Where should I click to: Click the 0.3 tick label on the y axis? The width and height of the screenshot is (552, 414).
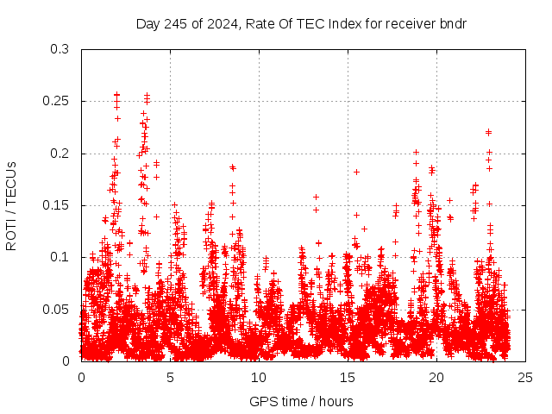[60, 50]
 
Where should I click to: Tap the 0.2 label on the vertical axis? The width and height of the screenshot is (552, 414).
[60, 154]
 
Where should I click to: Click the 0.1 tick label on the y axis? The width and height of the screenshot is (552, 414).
[60, 257]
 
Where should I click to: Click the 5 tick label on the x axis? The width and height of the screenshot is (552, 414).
[171, 378]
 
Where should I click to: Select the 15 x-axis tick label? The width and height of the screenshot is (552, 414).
[348, 378]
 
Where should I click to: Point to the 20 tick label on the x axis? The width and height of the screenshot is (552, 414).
[437, 378]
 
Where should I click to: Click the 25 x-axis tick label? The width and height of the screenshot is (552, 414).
[526, 378]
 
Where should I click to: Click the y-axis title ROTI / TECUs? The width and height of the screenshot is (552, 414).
[12, 205]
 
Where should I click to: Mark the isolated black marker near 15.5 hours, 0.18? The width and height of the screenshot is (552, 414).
[356, 172]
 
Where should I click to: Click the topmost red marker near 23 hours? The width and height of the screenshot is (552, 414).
[489, 132]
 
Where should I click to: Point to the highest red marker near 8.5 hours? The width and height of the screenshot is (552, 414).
[233, 167]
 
